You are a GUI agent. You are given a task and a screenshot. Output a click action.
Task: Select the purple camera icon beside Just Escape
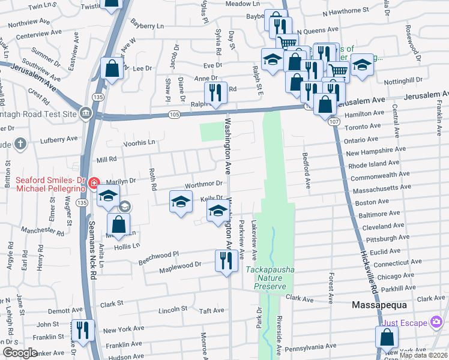pyautogui.click(x=436, y=323)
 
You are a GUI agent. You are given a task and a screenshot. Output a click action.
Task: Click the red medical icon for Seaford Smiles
pyautogui.click(x=93, y=182)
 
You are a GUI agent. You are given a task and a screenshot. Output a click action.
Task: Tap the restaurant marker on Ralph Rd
pyautogui.click(x=215, y=93)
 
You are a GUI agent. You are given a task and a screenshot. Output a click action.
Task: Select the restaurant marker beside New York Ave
pyautogui.click(x=83, y=331)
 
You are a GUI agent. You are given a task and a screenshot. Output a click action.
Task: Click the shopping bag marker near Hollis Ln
pyautogui.click(x=119, y=226)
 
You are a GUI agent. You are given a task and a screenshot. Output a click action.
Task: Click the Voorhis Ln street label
pyautogui.click(x=139, y=143)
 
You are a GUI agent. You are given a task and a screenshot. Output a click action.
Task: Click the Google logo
pyautogui.click(x=20, y=353)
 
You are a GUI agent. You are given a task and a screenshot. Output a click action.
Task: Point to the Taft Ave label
pyautogui.click(x=211, y=310)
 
